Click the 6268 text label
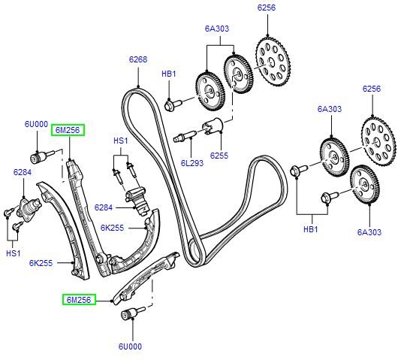tap(137, 59)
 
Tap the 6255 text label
tap(219, 156)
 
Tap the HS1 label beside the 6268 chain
tap(120, 141)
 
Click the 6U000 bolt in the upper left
tap(38, 158)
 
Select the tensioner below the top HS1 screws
tap(136, 197)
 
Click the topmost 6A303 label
tap(216, 29)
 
